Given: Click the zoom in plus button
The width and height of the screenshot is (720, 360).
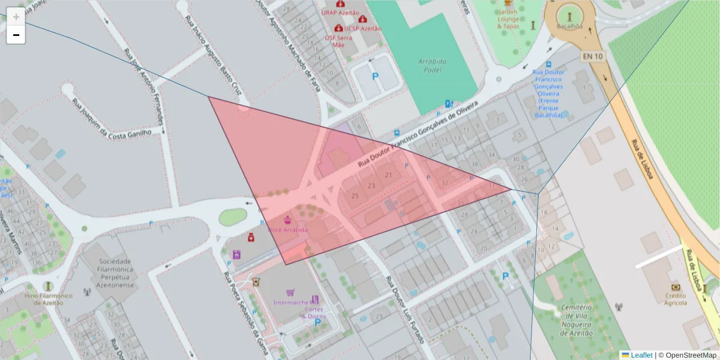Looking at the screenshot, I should click(x=16, y=17).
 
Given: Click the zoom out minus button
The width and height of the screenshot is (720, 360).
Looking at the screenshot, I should click(x=16, y=35).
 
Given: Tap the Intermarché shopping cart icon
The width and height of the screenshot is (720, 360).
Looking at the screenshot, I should click(x=290, y=292).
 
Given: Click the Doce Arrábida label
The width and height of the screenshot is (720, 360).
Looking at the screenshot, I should click(x=288, y=230).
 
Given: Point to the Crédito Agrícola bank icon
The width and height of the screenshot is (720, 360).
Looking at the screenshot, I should click(x=675, y=287).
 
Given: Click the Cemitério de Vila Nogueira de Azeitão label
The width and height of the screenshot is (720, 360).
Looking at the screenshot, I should click(x=576, y=320).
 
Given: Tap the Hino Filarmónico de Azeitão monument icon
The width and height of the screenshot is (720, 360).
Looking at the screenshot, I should click(x=48, y=286).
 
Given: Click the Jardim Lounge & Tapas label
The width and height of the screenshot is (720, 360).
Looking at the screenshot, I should click(x=508, y=19).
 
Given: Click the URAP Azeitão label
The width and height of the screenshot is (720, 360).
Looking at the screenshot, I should click(x=340, y=13).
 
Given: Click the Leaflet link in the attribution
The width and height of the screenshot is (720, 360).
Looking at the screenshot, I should click(x=641, y=355).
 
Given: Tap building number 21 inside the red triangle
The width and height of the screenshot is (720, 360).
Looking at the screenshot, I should click(x=389, y=175).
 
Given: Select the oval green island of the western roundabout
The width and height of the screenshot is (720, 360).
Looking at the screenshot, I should click(x=232, y=217).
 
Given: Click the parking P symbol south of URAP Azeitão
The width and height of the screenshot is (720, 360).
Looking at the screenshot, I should click(x=376, y=76).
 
